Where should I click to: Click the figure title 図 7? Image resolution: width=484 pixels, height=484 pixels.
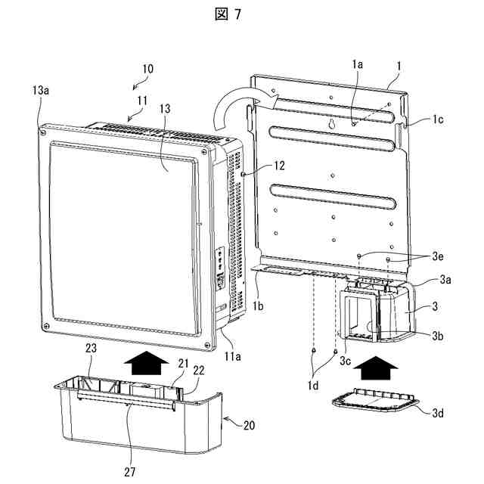242,14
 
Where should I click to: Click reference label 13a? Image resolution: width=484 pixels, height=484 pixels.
42,90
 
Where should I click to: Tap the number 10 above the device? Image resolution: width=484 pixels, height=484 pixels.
147,68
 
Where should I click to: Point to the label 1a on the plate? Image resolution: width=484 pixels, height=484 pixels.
358,66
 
